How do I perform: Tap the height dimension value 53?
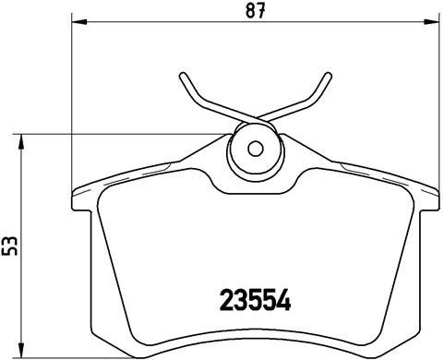tap(10, 246)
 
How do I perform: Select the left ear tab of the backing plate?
tap(81, 197)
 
